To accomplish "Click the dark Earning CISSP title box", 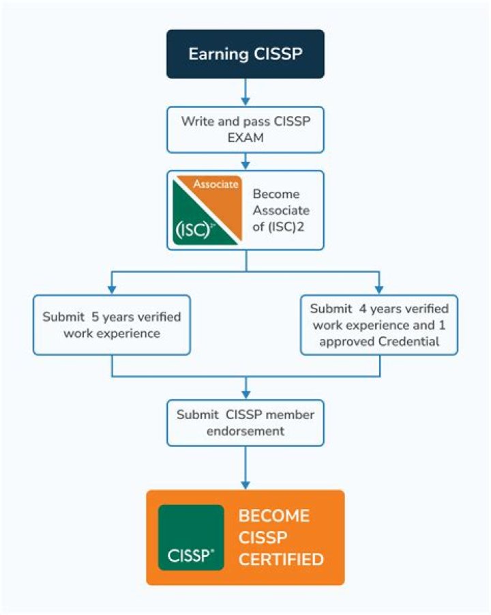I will point(245,54).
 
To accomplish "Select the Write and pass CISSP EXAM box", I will point(245,130).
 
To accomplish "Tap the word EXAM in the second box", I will point(245,137).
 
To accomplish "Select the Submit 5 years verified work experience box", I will point(111,325).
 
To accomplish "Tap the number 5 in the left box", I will point(89,317).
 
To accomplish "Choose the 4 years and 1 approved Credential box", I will point(379,325).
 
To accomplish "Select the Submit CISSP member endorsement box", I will point(245,423).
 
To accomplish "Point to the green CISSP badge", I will point(191,537).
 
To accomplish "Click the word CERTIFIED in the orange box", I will point(280,560).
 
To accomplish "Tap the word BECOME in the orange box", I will point(273,515).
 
